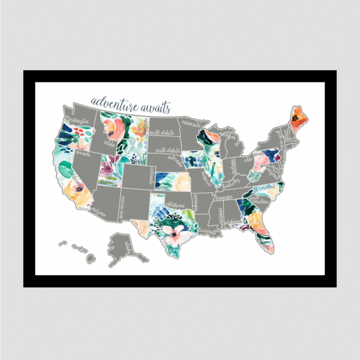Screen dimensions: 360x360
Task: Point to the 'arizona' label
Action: coord(98,213)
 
